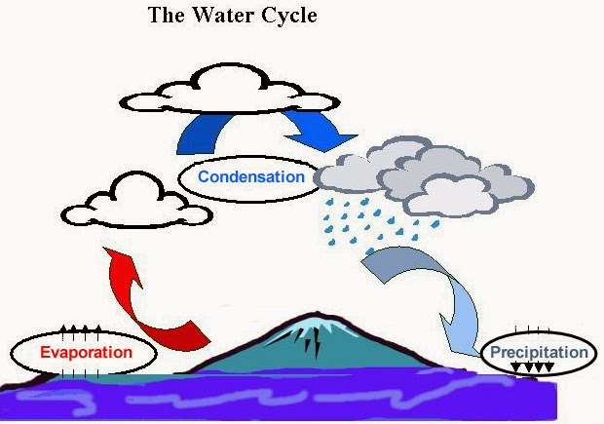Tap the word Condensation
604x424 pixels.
click(x=251, y=177)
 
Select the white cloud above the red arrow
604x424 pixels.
click(x=125, y=202)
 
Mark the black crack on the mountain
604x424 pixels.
click(x=315, y=344)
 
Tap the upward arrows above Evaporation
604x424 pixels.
click(x=81, y=328)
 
